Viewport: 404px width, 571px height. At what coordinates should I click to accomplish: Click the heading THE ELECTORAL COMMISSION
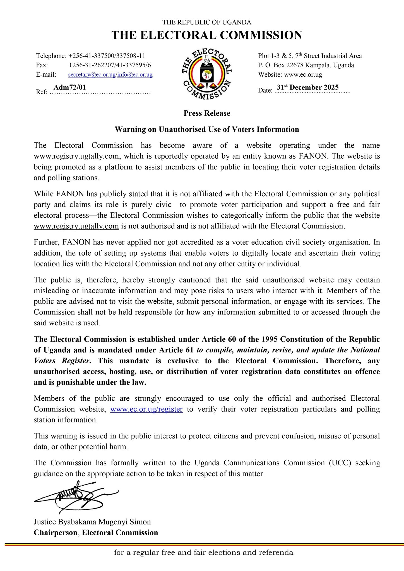coord(207,35)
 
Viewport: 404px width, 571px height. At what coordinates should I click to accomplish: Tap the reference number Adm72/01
coord(69,87)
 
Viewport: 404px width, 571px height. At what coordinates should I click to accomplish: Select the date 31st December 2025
coord(307,87)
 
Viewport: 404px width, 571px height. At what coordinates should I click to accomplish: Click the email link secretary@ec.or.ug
coord(92,75)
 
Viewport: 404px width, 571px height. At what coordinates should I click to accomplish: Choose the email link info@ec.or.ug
coord(135,75)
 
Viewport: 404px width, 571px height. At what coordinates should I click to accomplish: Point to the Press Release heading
coord(207,113)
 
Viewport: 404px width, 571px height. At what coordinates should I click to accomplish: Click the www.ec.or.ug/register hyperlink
coord(146,409)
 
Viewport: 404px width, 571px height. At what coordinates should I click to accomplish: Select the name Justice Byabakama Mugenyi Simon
coord(92,522)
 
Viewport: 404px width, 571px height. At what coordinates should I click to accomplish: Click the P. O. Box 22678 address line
coord(306,65)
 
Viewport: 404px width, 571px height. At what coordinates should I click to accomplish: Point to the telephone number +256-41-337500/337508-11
coord(107,56)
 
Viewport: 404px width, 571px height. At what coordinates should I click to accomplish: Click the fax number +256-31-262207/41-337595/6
coord(109,65)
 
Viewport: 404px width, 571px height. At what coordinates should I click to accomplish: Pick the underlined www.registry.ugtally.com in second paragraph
coord(76,226)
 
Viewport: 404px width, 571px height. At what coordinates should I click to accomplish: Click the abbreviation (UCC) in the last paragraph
coord(340,463)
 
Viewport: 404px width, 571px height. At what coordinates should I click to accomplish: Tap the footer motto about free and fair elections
coord(204,552)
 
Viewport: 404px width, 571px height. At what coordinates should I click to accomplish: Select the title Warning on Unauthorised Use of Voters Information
coord(207,129)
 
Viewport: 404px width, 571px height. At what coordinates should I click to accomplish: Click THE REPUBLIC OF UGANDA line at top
coord(207,22)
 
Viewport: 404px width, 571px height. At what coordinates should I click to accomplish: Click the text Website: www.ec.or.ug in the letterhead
coord(290,75)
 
